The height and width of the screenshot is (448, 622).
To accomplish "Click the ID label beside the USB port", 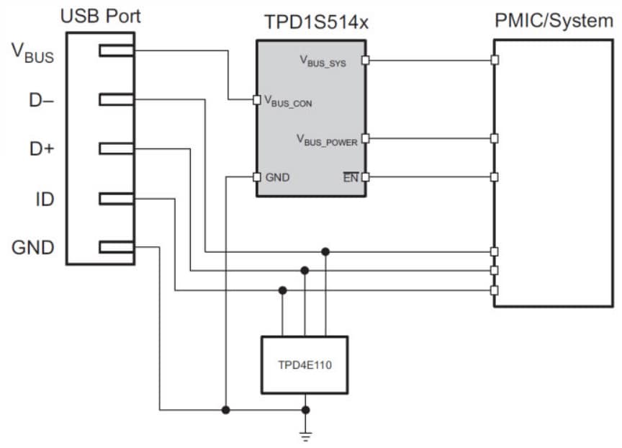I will pos(45,199).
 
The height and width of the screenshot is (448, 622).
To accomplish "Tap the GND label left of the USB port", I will pos(33,248).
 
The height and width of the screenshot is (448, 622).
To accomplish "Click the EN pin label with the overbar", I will pos(351,177).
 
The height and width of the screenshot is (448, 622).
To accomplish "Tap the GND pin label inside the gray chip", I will pos(277,177).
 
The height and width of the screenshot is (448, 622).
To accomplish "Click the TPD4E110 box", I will pos(305,365).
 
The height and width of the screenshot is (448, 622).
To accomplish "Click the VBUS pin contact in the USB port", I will pos(116,50).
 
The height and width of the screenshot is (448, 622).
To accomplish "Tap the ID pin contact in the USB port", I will pos(116,198).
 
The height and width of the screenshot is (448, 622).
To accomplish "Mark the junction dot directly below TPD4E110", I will pos(306,410).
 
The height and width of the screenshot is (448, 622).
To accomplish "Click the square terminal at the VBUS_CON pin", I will pos(257,100).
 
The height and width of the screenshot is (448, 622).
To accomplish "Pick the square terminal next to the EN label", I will pos(365,176).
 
